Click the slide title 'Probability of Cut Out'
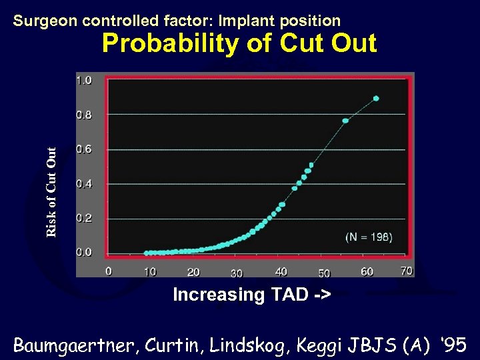click(x=239, y=44)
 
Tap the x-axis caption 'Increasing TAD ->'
click(x=251, y=295)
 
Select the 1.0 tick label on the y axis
click(x=85, y=80)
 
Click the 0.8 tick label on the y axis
click(x=85, y=115)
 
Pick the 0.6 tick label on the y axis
click(x=85, y=149)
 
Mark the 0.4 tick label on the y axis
click(x=85, y=184)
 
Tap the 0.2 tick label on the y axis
click(x=85, y=218)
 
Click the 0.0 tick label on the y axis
click(x=85, y=253)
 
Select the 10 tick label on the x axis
click(x=150, y=272)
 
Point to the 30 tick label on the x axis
click(x=237, y=273)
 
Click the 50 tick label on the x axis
click(x=324, y=273)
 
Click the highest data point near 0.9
click(x=376, y=98)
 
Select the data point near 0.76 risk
click(x=345, y=121)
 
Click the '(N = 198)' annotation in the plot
click(x=369, y=237)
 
